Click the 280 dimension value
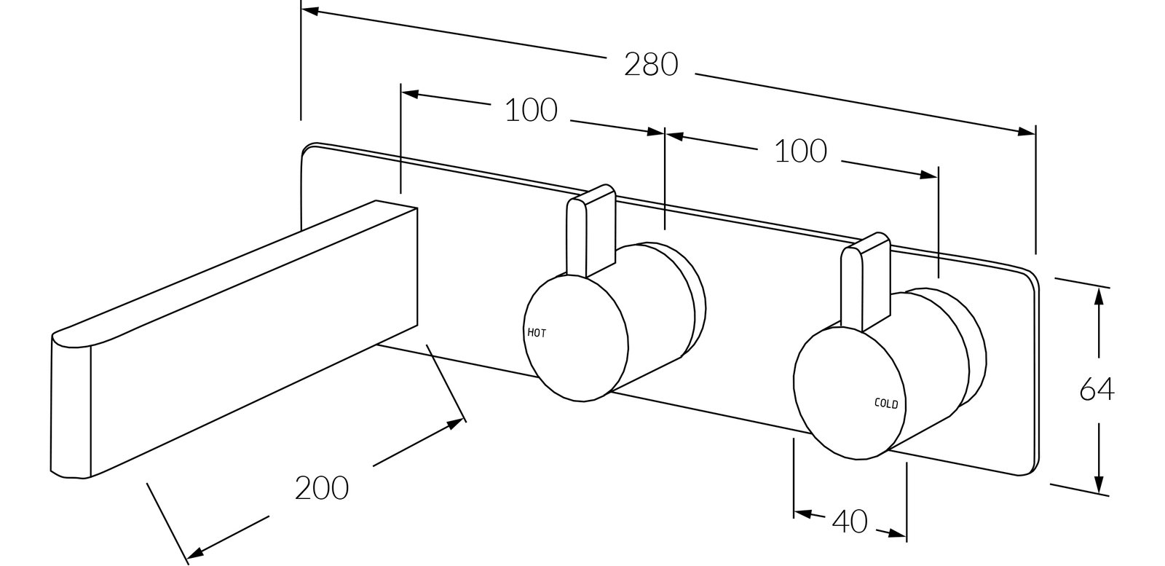(651, 65)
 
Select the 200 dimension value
(321, 489)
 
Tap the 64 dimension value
(1097, 390)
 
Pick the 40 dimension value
(850, 522)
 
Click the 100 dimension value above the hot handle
(531, 111)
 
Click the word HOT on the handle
(537, 333)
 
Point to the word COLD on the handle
(886, 403)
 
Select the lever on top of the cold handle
(866, 281)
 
